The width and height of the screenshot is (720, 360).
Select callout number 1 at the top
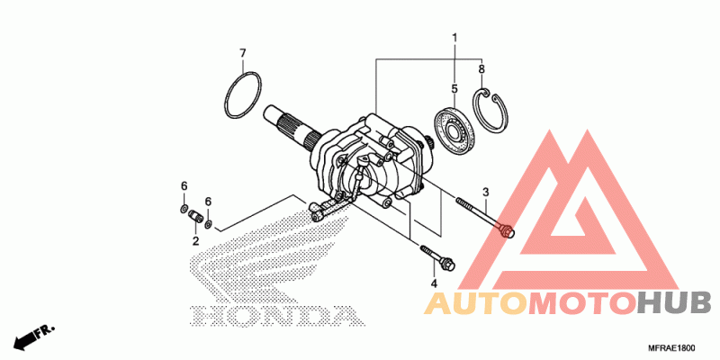click(x=454, y=38)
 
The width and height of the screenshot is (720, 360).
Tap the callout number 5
click(x=454, y=88)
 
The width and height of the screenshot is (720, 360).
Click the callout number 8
click(x=481, y=68)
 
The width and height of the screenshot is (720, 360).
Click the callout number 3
click(x=485, y=192)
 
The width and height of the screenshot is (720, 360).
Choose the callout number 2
click(x=195, y=241)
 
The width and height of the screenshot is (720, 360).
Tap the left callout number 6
click(x=184, y=186)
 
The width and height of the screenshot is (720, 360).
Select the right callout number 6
click(x=208, y=201)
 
